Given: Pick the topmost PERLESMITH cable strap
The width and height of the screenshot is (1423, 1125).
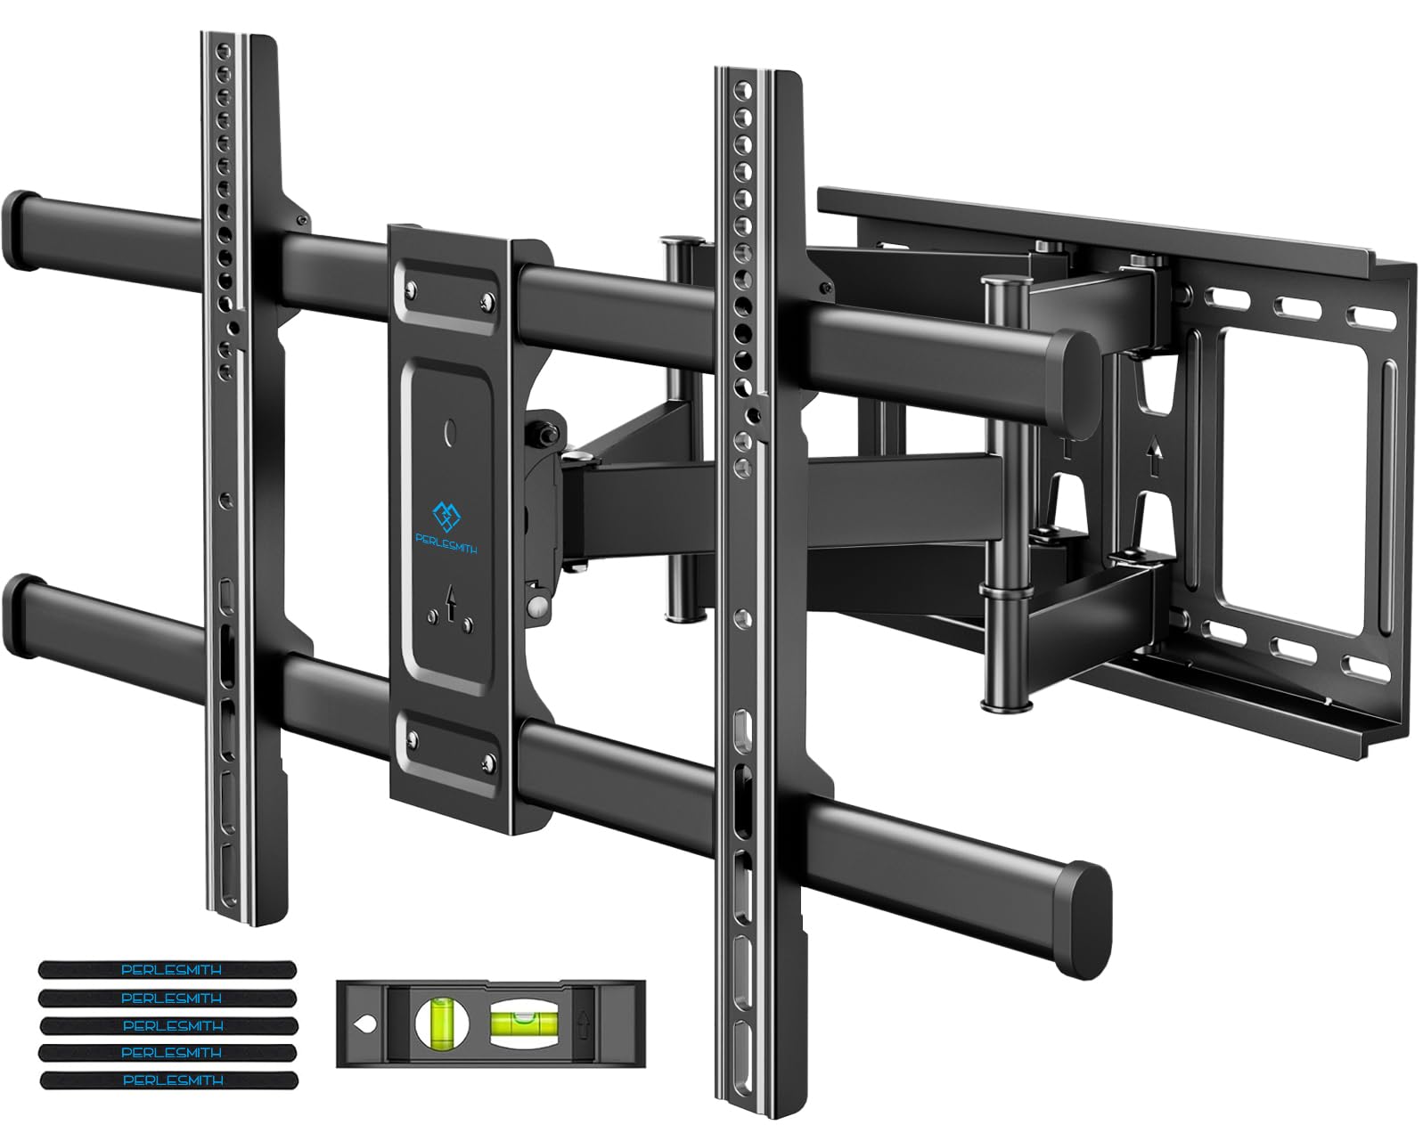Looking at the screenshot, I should [x=167, y=969].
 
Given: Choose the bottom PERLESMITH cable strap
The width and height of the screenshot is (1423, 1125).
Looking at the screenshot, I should [x=167, y=1080].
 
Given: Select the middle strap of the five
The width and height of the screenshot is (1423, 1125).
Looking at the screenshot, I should [x=167, y=1025].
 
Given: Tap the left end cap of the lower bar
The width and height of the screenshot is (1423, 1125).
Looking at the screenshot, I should [x=21, y=602].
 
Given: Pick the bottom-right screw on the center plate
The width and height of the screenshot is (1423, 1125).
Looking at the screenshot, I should [x=487, y=760].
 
